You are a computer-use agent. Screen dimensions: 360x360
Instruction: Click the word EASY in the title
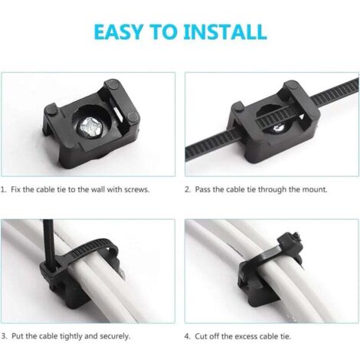point(118,32)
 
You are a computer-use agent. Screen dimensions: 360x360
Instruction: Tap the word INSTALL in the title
point(225,32)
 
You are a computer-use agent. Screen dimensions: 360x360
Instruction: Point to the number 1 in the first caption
point(3,190)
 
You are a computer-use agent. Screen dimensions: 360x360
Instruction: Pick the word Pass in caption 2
point(203,190)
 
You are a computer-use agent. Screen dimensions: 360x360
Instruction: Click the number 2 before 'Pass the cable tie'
point(188,190)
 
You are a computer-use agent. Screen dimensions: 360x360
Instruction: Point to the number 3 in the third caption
point(4,336)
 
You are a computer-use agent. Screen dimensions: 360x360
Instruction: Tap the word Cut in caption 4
point(201,336)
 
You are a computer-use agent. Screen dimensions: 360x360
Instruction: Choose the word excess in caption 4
point(245,336)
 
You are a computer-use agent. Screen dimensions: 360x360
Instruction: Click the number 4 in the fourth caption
point(188,336)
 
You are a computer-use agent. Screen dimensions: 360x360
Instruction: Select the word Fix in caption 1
point(15,190)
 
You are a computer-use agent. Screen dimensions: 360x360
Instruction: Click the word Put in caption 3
point(18,336)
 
